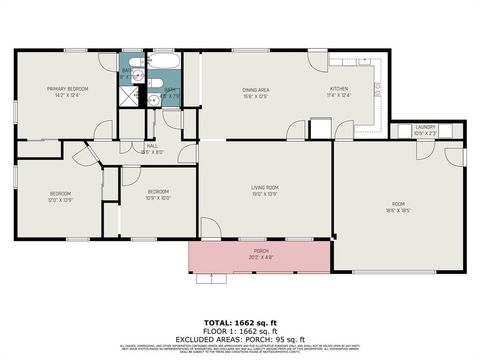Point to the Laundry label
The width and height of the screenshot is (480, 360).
pyautogui.click(x=424, y=129)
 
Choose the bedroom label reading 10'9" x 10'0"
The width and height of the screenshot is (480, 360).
pyautogui.click(x=158, y=194)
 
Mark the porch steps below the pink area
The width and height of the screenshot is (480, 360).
pyautogui.click(x=210, y=279)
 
